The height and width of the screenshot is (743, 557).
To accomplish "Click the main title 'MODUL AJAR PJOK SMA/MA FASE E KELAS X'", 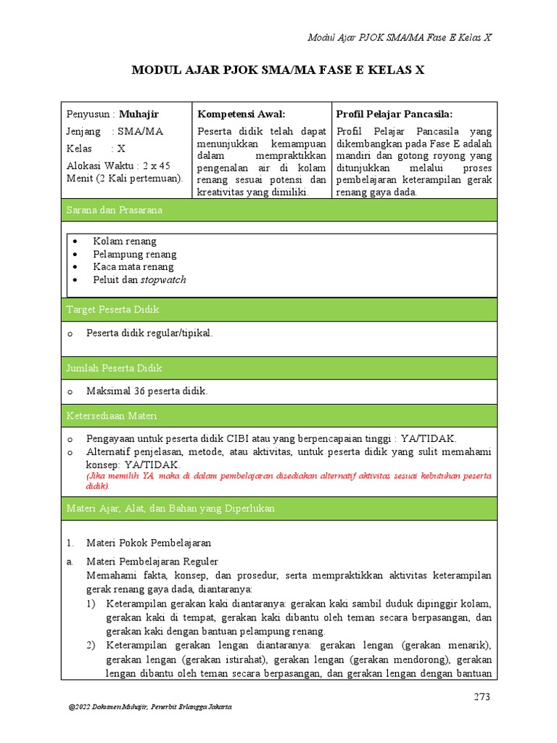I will (x=278, y=70).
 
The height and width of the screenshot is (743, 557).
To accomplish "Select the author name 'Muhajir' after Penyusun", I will (x=139, y=114).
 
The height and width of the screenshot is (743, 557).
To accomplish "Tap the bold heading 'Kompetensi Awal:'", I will (x=242, y=114).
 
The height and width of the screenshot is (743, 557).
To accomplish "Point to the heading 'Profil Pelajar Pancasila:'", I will (x=395, y=114).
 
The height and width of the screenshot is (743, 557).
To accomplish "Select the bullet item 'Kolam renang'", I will (x=124, y=241).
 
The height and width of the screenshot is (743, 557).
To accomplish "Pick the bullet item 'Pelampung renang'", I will (x=134, y=254).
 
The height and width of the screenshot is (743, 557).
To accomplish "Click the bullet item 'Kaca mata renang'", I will (x=133, y=267).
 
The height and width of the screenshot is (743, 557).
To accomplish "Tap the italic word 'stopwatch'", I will (x=163, y=280).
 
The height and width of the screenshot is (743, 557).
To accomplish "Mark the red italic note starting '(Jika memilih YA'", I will (x=288, y=481).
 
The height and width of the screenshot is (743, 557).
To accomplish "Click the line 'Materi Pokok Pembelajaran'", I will (x=149, y=543).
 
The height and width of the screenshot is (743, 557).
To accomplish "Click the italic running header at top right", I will (x=400, y=37).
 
